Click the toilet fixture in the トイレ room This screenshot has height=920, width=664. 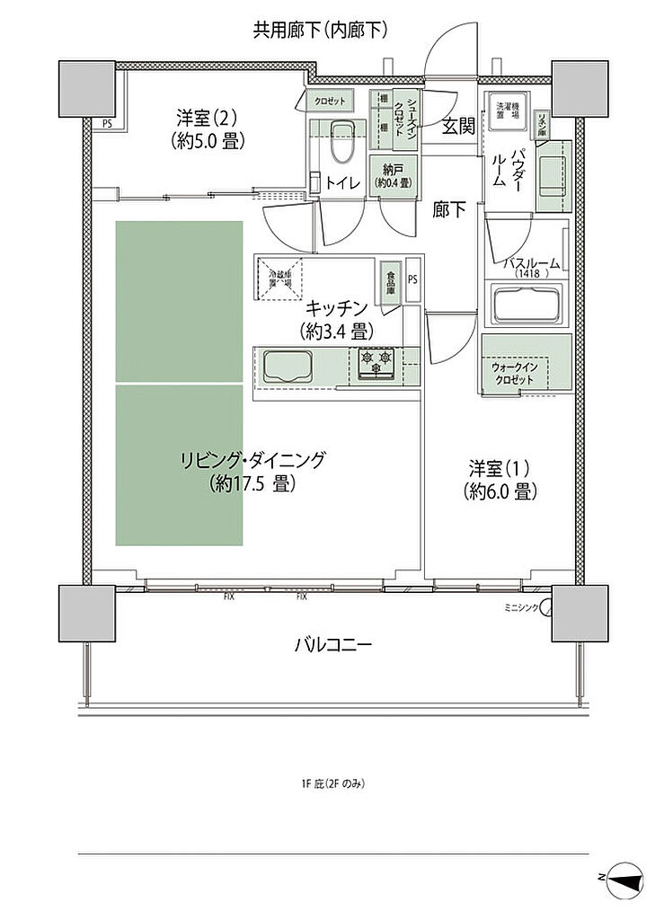pos(340,139)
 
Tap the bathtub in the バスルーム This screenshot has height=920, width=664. pos(527,305)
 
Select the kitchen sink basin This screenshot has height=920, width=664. pos(285,367)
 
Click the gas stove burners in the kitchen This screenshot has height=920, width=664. pos(376,362)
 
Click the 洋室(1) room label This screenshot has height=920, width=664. pos(500,480)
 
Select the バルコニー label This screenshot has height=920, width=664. pos(332,644)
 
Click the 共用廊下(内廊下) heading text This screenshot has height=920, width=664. pos(321,31)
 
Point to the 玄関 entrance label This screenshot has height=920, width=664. pos(457,126)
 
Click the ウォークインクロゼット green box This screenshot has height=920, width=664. pos(527,363)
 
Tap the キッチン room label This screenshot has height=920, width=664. pos(337,318)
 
